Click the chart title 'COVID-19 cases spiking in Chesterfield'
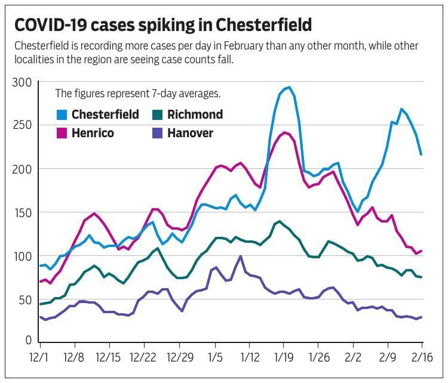tap(162, 25)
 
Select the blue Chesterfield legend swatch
tap(62, 115)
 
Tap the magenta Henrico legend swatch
tap(62, 133)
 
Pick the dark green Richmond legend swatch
tap(158, 115)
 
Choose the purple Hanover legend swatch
tap(158, 133)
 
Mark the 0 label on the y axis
tap(27, 341)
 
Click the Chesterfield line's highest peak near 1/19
tap(289, 88)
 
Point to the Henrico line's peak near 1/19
tap(284, 132)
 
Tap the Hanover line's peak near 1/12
tap(240, 257)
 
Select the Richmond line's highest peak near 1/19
tap(279, 221)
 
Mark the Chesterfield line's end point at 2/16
tap(421, 154)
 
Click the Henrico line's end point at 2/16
tap(421, 251)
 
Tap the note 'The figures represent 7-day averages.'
tap(138, 94)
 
